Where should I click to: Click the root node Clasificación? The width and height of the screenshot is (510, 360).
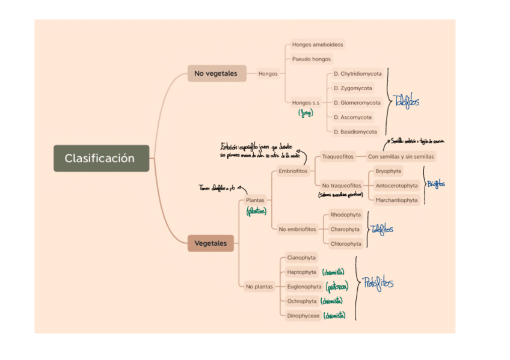pyautogui.click(x=100, y=159)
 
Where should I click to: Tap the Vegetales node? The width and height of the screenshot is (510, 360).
pyautogui.click(x=210, y=243)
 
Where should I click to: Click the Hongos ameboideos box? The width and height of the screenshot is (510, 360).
pyautogui.click(x=318, y=44)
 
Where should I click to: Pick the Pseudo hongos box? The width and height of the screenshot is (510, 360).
pyautogui.click(x=312, y=59)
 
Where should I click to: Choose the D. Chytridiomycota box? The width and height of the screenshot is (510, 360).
pyautogui.click(x=357, y=74)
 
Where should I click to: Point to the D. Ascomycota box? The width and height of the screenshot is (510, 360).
pyautogui.click(x=352, y=117)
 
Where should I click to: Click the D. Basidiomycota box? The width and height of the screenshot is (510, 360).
pyautogui.click(x=355, y=132)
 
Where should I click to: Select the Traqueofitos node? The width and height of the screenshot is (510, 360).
pyautogui.click(x=337, y=157)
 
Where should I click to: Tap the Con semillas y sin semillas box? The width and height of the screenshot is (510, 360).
pyautogui.click(x=401, y=157)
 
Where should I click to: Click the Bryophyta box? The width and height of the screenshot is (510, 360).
pyautogui.click(x=389, y=171)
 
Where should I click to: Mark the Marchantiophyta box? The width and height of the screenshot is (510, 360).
pyautogui.click(x=396, y=200)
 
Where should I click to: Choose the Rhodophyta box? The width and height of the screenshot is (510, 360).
pyautogui.click(x=346, y=215)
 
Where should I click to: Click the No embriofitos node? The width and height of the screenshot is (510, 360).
pyautogui.click(x=297, y=229)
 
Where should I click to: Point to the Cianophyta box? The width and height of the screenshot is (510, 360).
pyautogui.click(x=301, y=258)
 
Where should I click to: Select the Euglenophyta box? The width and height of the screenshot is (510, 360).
pyautogui.click(x=304, y=287)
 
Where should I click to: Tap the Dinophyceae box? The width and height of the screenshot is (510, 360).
pyautogui.click(x=303, y=316)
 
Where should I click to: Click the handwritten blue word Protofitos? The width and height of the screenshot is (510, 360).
pyautogui.click(x=378, y=283)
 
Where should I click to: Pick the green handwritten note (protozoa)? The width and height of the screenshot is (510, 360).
pyautogui.click(x=337, y=287)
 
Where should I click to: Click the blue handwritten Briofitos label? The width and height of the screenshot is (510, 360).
pyautogui.click(x=436, y=185)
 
